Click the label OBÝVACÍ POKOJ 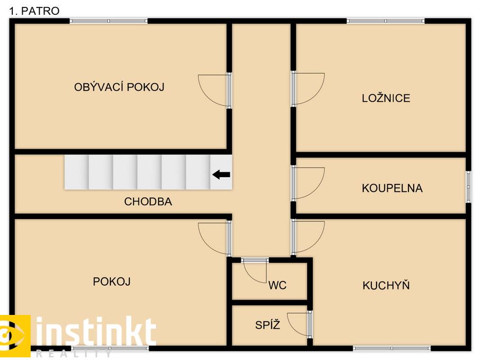[x=119, y=87]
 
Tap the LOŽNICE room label [x=386, y=98]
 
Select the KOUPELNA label [x=392, y=188]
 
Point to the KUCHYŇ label [x=386, y=285]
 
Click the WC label [x=277, y=285]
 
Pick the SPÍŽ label [x=267, y=324]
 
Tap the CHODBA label [x=148, y=201]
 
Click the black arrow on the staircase [x=221, y=175]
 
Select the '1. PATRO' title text [x=34, y=11]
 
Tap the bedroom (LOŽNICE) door [x=308, y=89]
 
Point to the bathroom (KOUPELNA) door [x=308, y=183]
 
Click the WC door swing [x=255, y=270]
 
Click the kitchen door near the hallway [x=308, y=237]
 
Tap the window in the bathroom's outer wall [x=468, y=187]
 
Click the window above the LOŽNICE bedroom [x=386, y=21]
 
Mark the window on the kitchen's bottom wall [x=392, y=348]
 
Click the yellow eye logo [x=15, y=336]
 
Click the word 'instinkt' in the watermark [x=96, y=332]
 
